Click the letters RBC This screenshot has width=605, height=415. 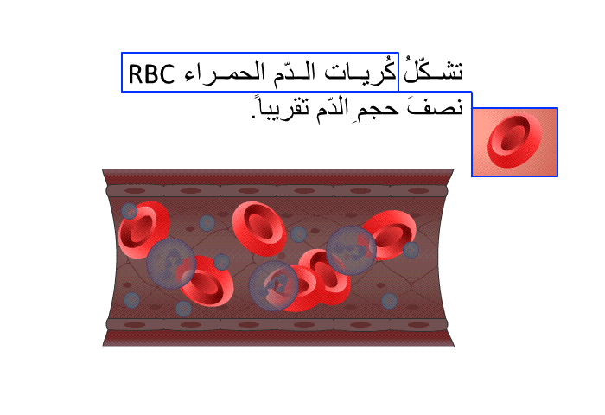click(151, 74)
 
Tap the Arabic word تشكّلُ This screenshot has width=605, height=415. click(433, 70)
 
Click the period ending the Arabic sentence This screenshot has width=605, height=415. click(253, 115)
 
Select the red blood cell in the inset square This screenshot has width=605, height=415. click(514, 141)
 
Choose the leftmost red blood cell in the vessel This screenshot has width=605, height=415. click(143, 230)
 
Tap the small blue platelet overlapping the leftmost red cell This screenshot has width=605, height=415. click(130, 211)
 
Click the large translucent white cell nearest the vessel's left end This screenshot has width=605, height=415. click(171, 264)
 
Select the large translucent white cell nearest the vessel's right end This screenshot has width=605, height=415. click(351, 250)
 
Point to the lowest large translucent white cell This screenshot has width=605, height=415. click(274, 285)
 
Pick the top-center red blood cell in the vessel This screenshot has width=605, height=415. click(259, 228)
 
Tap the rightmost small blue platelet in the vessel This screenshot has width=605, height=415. click(411, 250)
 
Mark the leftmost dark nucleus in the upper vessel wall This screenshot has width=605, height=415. click(135, 191)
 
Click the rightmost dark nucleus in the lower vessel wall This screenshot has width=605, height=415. click(417, 325)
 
